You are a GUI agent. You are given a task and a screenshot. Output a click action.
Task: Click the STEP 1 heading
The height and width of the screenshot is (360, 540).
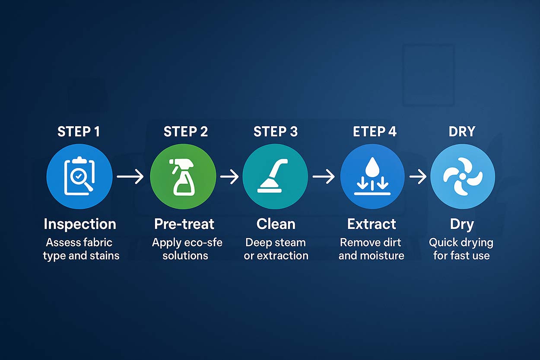click(79, 132)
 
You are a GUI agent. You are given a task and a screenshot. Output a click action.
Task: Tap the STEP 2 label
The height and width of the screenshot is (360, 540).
click(186, 132)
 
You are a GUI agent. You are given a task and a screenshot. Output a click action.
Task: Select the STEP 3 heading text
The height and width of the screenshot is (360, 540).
click(276, 132)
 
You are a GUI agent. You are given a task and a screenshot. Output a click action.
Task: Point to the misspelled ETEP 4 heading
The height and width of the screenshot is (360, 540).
click(375, 132)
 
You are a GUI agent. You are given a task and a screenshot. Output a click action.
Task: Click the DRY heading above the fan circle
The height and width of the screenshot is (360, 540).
click(462, 132)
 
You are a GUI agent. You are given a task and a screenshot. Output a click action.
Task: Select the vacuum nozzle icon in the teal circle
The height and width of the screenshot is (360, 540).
click(276, 176)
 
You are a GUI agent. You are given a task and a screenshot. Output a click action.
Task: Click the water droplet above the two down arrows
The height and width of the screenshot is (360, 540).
click(372, 166)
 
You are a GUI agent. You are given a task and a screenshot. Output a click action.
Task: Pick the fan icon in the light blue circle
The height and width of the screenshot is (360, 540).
click(463, 177)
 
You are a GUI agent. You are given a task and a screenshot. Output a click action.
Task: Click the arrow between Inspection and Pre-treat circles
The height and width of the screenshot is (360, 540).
click(130, 176)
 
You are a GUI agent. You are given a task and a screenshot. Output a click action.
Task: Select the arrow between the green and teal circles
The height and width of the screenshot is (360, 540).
click(229, 176)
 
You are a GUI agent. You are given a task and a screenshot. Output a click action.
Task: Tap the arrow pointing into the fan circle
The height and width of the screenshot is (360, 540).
click(418, 176)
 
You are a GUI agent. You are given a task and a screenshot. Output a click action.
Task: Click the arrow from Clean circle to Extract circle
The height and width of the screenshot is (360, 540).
click(324, 176)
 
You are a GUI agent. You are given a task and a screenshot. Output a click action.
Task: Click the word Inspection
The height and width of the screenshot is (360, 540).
click(80, 224)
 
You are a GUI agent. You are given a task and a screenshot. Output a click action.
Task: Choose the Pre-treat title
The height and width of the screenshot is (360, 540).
click(184, 224)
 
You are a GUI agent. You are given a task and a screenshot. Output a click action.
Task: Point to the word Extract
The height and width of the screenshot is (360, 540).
click(372, 224)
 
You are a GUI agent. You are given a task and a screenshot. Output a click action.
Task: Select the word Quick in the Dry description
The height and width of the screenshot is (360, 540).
click(444, 242)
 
